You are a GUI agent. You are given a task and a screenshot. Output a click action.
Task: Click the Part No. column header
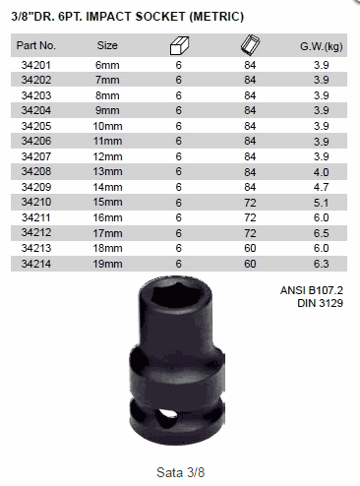click(36, 45)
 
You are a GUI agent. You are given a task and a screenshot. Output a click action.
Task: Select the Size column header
click(107, 45)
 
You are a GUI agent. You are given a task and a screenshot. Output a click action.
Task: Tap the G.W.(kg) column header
click(322, 46)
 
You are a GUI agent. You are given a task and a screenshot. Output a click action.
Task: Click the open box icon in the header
click(179, 45)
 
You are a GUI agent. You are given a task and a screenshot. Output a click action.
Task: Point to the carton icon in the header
click(250, 44)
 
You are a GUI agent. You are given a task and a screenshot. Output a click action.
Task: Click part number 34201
click(36, 65)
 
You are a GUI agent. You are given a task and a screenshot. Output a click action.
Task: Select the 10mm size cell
click(107, 126)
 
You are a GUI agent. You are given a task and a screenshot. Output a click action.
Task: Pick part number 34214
click(36, 264)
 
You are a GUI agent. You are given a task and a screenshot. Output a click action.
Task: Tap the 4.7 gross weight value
click(322, 187)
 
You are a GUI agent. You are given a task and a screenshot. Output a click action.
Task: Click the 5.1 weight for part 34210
click(322, 203)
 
